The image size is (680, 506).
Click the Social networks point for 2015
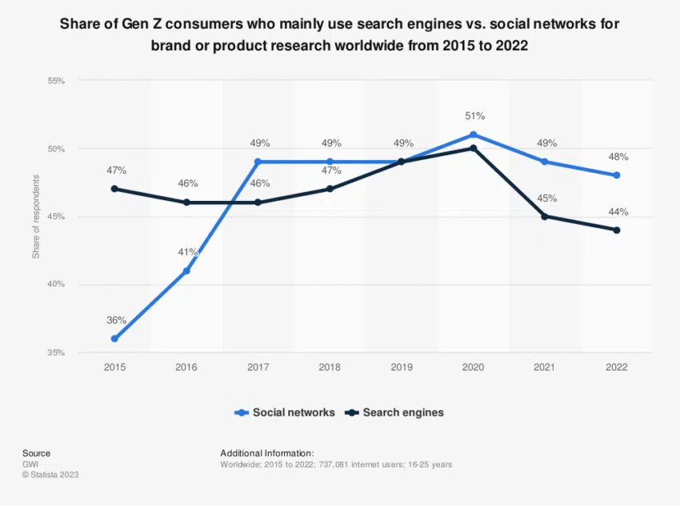point(114,339)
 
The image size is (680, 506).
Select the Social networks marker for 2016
point(186,271)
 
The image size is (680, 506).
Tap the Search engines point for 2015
point(114,189)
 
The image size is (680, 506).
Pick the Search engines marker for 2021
point(545,216)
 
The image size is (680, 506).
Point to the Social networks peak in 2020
point(474,135)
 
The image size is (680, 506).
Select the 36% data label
point(117,320)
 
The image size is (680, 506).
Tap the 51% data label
point(475,116)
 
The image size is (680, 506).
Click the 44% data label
point(618,212)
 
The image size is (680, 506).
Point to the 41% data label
point(188,252)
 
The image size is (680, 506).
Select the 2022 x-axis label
point(617,367)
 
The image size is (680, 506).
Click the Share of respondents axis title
point(35,217)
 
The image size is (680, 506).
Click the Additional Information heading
point(267,452)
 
